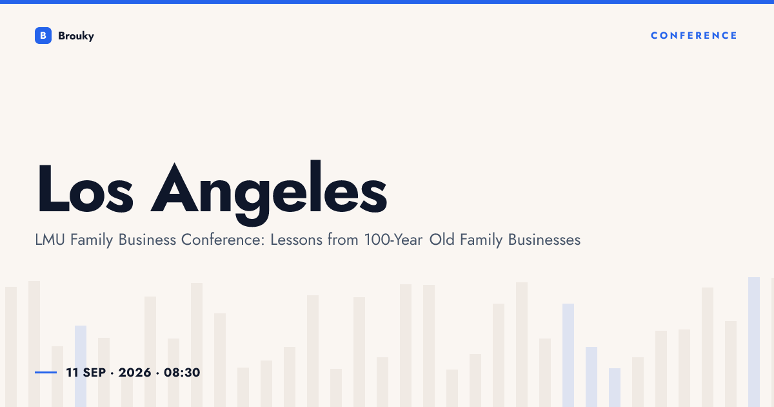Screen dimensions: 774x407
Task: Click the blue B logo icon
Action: [x=43, y=36]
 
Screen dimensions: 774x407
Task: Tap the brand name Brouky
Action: [x=76, y=36]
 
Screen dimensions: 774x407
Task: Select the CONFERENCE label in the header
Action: [x=694, y=36]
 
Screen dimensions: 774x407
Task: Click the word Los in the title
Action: [x=85, y=188]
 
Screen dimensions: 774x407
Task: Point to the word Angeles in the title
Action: [x=269, y=193]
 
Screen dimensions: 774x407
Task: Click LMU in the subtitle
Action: [x=50, y=240]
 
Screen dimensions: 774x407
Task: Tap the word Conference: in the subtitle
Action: [x=223, y=240]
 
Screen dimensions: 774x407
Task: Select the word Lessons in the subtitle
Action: [x=296, y=240]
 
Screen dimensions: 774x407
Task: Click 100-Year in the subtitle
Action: [x=393, y=240]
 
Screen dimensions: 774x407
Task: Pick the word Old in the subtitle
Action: [x=442, y=240]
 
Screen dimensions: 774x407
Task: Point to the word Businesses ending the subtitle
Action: [x=544, y=240]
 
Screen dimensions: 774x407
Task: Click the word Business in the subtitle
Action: [x=147, y=240]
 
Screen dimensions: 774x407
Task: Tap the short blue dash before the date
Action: [x=46, y=372]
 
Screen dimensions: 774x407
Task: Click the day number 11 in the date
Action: [x=72, y=372]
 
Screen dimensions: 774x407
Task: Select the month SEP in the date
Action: [x=94, y=372]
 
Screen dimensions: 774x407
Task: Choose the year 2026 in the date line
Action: [x=135, y=372]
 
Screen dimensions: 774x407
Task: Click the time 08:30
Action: [x=182, y=372]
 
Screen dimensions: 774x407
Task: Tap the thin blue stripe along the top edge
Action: [x=387, y=2]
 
